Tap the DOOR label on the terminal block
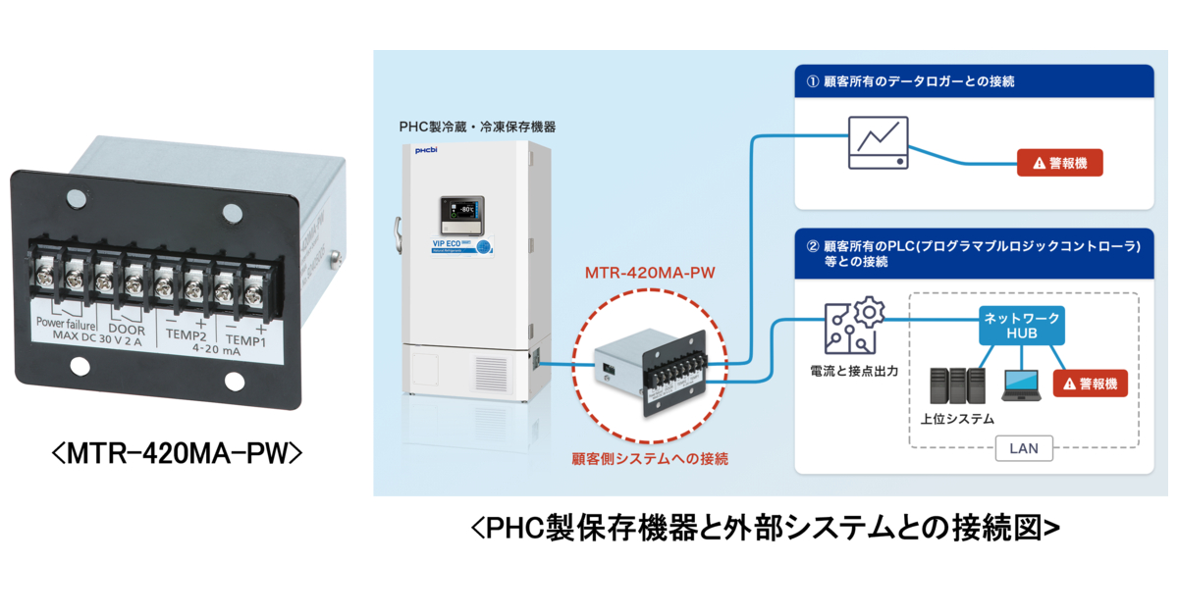127,330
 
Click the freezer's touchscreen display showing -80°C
462,209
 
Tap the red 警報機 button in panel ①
1058,163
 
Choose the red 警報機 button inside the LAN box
1090,383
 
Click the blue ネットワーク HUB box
1023,326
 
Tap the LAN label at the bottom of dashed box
1024,449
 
